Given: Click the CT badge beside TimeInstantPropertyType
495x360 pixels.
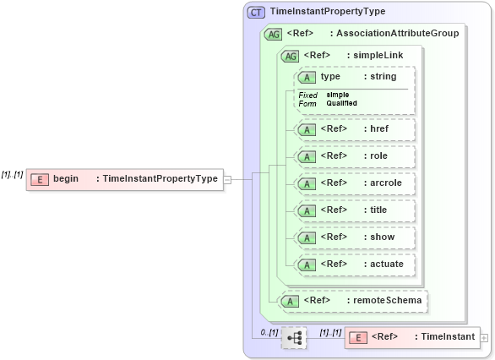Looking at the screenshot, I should point(256,12).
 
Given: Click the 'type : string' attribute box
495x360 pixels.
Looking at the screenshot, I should point(355,77).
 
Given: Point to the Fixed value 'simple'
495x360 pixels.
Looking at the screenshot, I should point(338,95).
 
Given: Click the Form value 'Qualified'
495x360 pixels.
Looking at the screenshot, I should point(341,103).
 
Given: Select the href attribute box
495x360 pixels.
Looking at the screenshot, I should point(355,129).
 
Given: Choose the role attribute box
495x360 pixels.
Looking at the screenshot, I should point(355,156).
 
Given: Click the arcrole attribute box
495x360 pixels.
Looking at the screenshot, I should point(355,183).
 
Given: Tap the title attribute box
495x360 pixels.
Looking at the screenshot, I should point(355,210).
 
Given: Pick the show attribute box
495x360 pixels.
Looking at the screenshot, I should point(355,237).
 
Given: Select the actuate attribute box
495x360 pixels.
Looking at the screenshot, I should point(355,264).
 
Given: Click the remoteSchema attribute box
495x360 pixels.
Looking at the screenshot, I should point(354,300).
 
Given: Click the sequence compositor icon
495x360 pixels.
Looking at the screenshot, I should point(294,338).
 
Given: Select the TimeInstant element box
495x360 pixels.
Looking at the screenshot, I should point(411,337).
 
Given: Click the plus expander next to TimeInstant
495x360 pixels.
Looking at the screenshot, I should point(484,337).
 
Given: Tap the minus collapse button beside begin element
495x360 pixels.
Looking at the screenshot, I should point(227,179).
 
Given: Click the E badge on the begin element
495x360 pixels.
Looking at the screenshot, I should point(39,179).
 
